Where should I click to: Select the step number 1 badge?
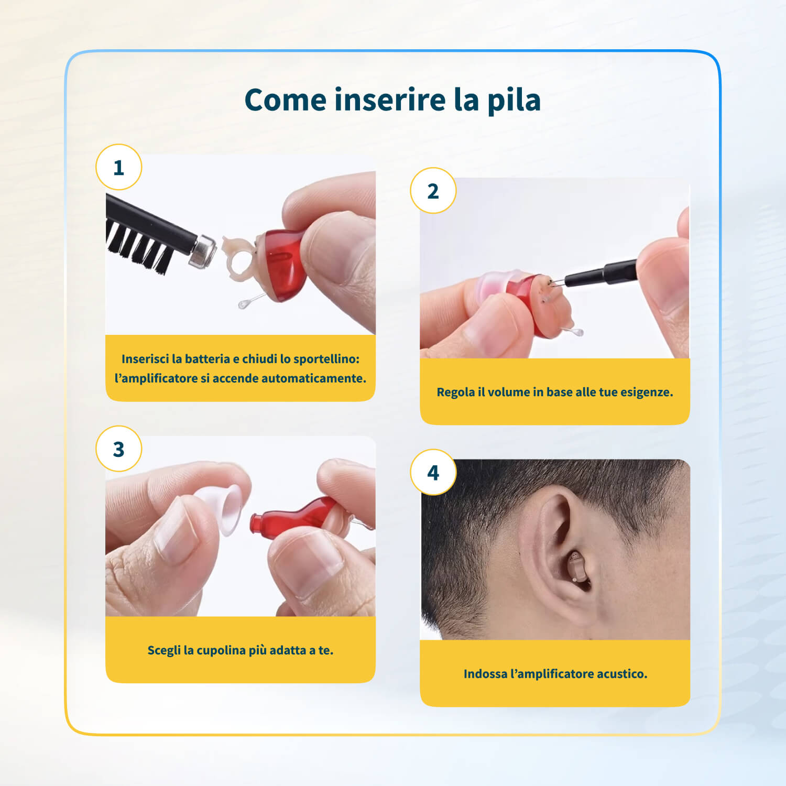click(119, 167)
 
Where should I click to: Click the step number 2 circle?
click(433, 191)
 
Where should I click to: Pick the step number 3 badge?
click(119, 449)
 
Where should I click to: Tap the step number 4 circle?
click(433, 473)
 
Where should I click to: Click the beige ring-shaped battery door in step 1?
click(241, 259)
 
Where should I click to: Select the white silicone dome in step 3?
click(220, 509)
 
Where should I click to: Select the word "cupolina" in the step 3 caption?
click(221, 651)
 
